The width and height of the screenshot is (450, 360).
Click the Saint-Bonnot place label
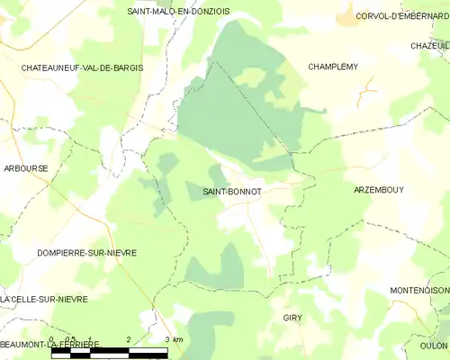[232, 192]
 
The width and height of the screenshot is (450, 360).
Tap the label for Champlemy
[335, 67]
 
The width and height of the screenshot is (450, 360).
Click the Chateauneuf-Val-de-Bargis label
[83, 67]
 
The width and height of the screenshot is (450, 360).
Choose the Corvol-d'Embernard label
[401, 15]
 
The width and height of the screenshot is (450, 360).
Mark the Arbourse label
[26, 168]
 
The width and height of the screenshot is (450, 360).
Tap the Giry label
[292, 319]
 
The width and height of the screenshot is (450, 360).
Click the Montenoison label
[419, 290]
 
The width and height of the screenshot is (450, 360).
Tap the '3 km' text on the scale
[172, 340]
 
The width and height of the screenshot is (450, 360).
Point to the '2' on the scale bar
[130, 340]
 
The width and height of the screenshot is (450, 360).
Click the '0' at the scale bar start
[53, 340]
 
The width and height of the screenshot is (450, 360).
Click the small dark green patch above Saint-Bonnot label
[215, 175]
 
